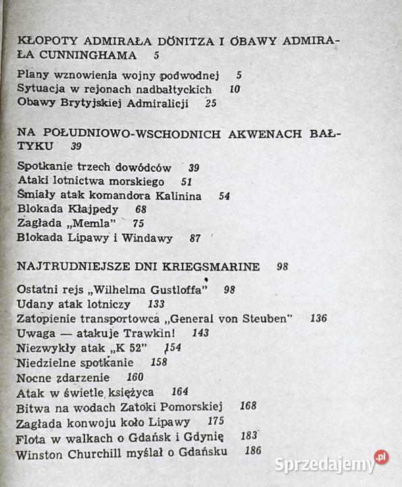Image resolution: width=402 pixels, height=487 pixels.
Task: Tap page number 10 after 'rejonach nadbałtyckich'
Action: coord(235,89)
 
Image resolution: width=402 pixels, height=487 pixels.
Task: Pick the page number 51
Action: coord(187,181)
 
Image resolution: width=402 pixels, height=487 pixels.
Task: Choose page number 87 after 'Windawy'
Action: coord(196,238)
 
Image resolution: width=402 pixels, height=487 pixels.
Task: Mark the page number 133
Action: coord(156,304)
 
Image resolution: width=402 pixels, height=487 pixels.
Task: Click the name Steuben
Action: coord(268,319)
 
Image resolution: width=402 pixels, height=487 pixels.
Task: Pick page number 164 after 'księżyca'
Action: coord(180,392)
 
